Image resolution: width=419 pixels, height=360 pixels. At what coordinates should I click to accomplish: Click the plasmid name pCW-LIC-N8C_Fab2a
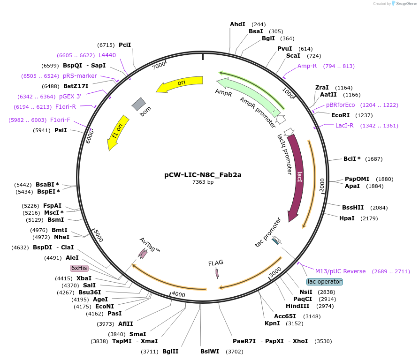(203, 175)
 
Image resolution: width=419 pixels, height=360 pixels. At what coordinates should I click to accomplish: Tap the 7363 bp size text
(203, 182)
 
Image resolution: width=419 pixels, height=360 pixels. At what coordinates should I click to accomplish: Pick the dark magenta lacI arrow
(297, 178)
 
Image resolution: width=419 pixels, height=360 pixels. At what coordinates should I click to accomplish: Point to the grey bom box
(138, 105)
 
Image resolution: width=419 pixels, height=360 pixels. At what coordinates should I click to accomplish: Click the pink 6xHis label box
(79, 268)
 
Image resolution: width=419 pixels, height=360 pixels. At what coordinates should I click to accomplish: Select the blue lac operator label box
(324, 282)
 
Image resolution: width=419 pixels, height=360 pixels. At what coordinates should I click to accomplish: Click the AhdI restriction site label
(237, 24)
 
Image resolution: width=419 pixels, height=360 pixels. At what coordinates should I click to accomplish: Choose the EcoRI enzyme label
(341, 115)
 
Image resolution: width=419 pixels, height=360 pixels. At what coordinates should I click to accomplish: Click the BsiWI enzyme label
(210, 352)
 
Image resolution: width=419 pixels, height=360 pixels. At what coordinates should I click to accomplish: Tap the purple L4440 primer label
(107, 55)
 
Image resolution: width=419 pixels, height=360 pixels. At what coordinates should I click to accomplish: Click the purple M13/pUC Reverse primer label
(340, 271)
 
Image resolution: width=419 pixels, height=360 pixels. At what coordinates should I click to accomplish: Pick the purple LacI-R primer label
(344, 126)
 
